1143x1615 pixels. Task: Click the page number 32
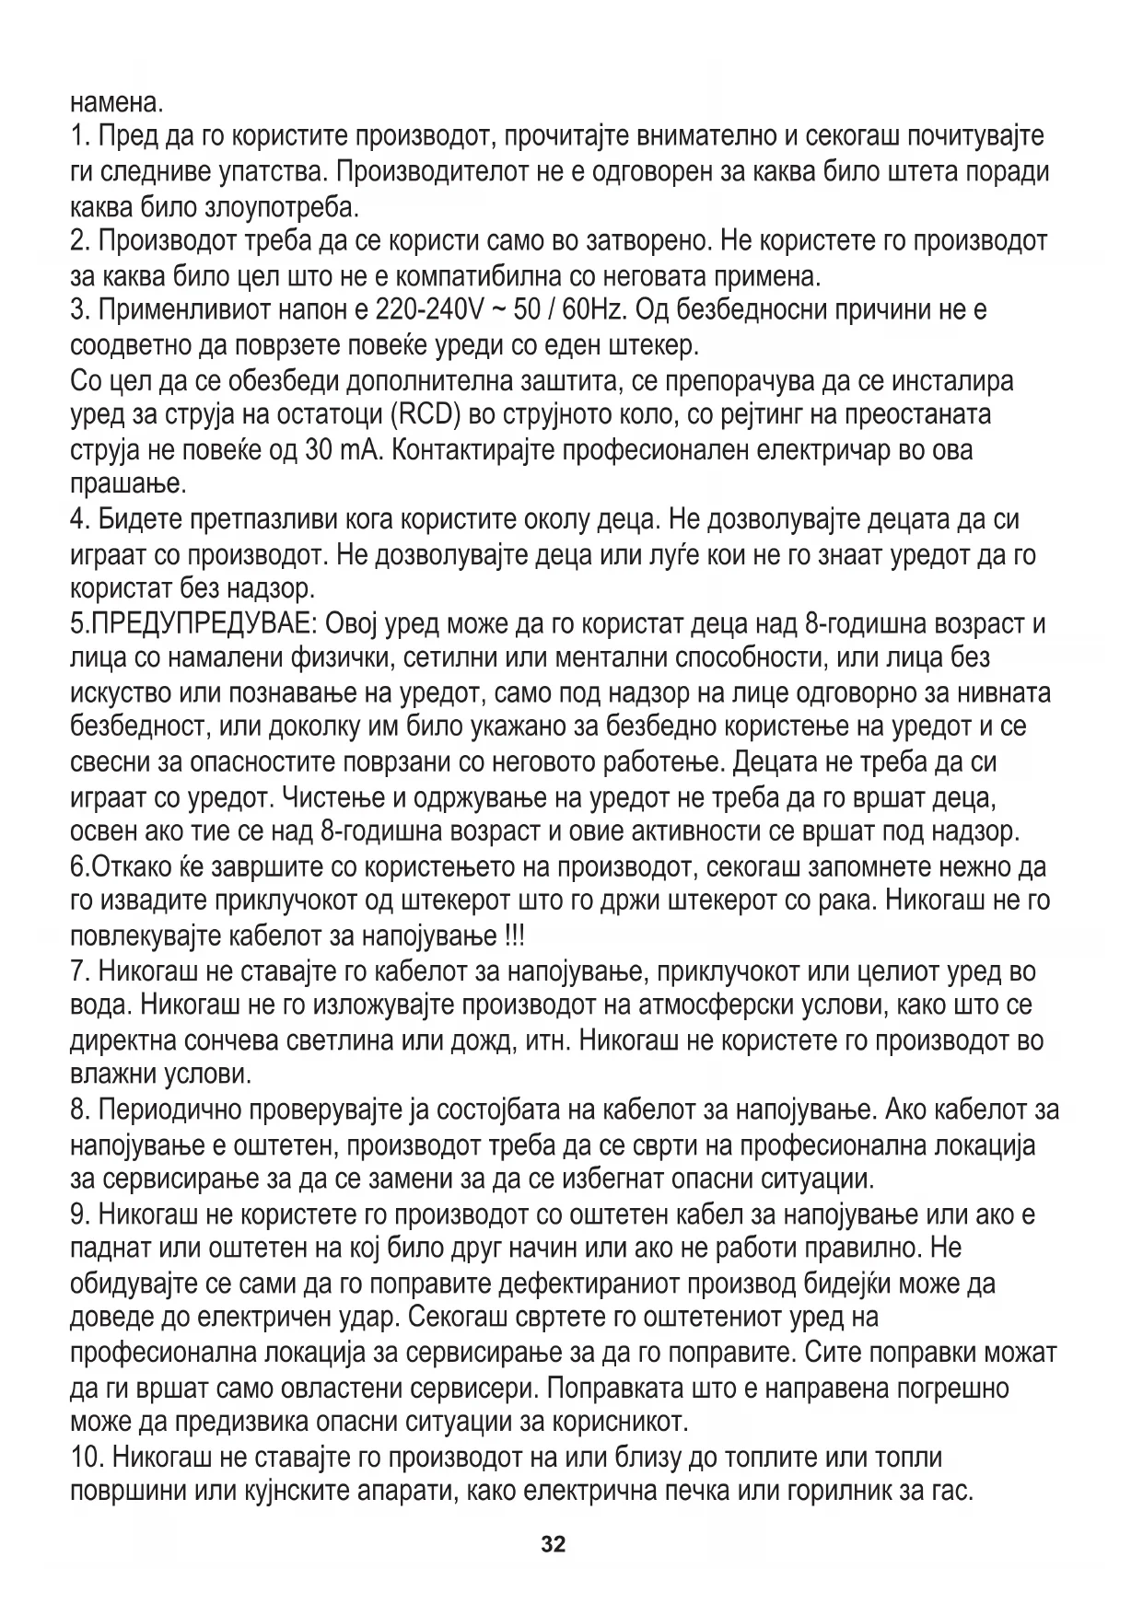click(554, 1544)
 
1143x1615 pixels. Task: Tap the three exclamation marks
click(514, 935)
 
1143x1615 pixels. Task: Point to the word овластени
click(362, 1388)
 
